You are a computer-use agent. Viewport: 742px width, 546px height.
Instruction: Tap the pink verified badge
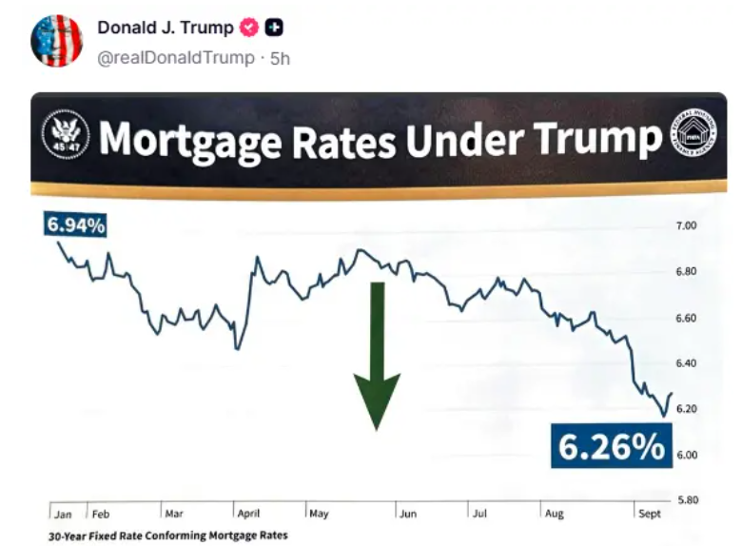pos(247,28)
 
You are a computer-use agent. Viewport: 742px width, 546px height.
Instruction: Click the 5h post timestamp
pos(280,58)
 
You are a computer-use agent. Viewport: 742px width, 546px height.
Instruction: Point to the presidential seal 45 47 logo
pos(66,135)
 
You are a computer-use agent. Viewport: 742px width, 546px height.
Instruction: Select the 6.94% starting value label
pos(74,225)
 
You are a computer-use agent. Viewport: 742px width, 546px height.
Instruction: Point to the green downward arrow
pos(377,357)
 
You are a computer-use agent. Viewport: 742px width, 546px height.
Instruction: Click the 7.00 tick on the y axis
pos(687,225)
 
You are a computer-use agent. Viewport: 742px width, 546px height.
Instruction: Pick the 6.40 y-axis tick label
pos(687,363)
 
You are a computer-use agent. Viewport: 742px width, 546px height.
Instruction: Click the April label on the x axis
pos(249,514)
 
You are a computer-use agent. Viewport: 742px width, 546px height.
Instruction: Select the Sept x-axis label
pos(650,514)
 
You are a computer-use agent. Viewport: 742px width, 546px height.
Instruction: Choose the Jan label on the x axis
pos(63,515)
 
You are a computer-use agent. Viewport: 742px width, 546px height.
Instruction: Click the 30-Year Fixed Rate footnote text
pos(167,536)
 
